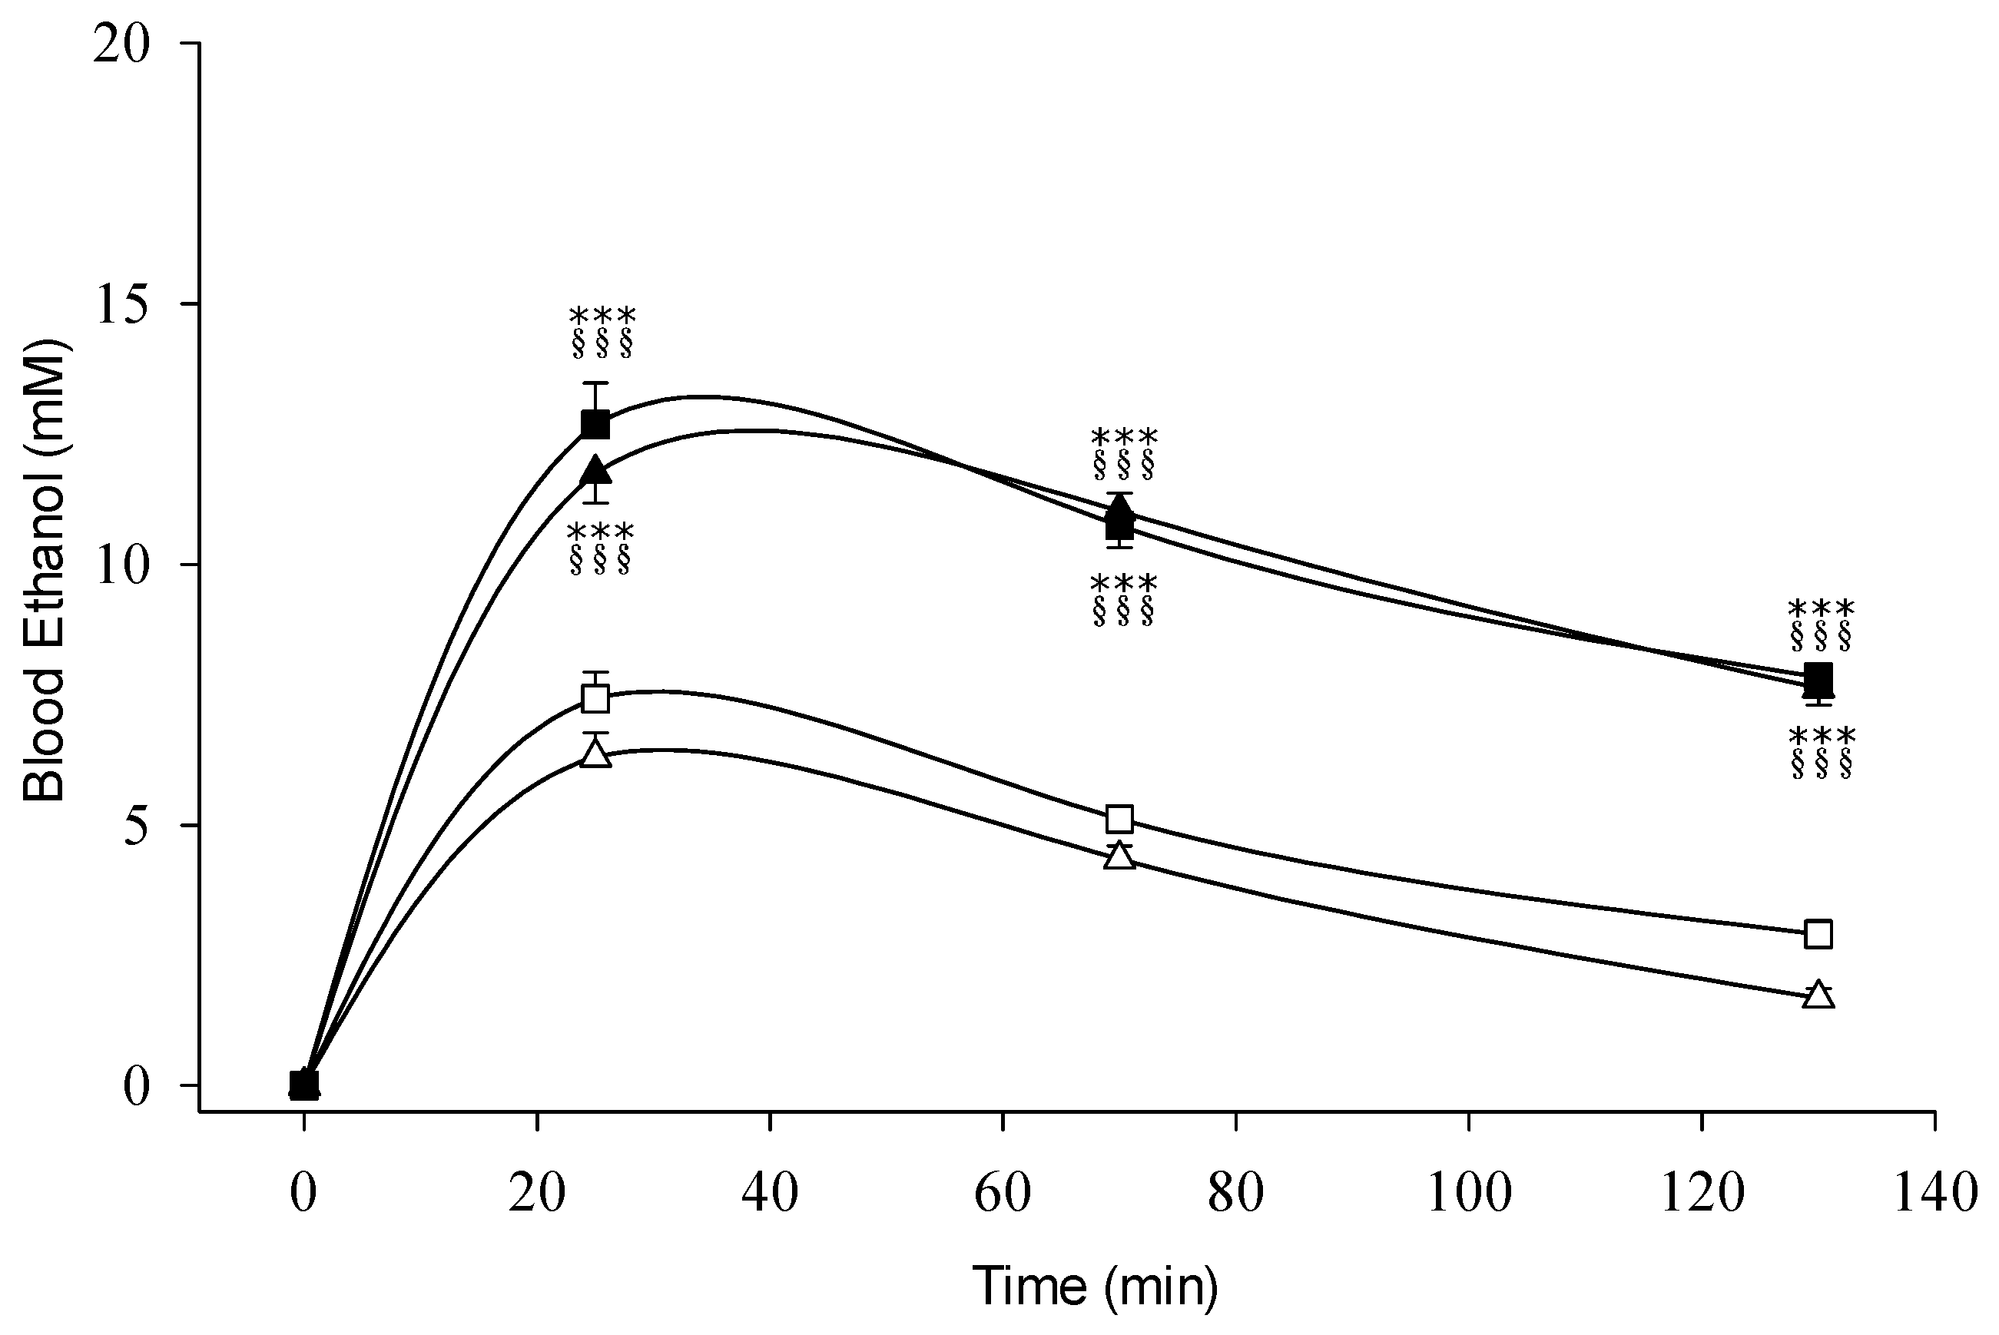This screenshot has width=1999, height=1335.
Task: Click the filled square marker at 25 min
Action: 595,423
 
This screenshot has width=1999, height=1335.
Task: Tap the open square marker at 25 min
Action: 595,698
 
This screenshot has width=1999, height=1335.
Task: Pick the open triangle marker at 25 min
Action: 595,754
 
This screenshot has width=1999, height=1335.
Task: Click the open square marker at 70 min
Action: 1119,819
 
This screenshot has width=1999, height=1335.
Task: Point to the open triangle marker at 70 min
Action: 1119,856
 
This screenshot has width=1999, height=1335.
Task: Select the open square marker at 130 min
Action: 1818,934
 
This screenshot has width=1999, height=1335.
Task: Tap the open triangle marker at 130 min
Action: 1818,995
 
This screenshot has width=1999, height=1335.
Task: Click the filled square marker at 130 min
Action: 1818,678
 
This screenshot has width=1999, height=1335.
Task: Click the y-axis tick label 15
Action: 123,304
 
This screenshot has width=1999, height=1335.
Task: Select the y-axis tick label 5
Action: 136,825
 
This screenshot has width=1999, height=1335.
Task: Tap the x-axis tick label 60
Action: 1003,1193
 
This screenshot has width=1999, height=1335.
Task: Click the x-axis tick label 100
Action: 1469,1193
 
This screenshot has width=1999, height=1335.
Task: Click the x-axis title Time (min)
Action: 1096,1286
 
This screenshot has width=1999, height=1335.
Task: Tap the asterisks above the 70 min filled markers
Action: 1124,439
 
